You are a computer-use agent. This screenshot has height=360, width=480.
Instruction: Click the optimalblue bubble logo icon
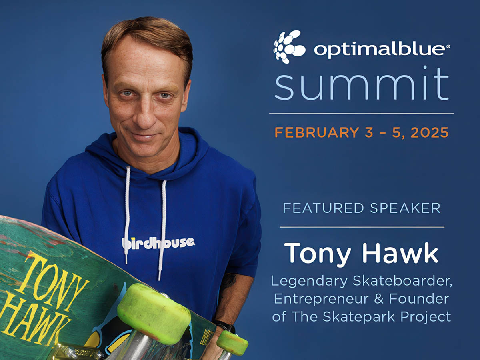pos(289,47)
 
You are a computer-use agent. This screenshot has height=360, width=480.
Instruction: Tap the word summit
pos(362,84)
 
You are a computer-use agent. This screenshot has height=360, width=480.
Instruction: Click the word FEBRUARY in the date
pos(317,132)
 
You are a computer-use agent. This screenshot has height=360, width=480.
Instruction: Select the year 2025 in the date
pos(430,132)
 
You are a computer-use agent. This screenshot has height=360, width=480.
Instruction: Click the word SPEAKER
pos(405,208)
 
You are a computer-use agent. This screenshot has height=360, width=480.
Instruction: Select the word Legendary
pos(309,281)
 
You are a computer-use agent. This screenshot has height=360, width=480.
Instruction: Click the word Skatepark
pos(359,317)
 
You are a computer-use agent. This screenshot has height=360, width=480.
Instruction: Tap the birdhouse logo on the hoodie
pos(158,243)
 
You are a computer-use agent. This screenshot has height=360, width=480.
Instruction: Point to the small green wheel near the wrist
pos(232,342)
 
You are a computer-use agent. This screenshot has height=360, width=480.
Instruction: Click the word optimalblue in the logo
pos(379,51)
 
